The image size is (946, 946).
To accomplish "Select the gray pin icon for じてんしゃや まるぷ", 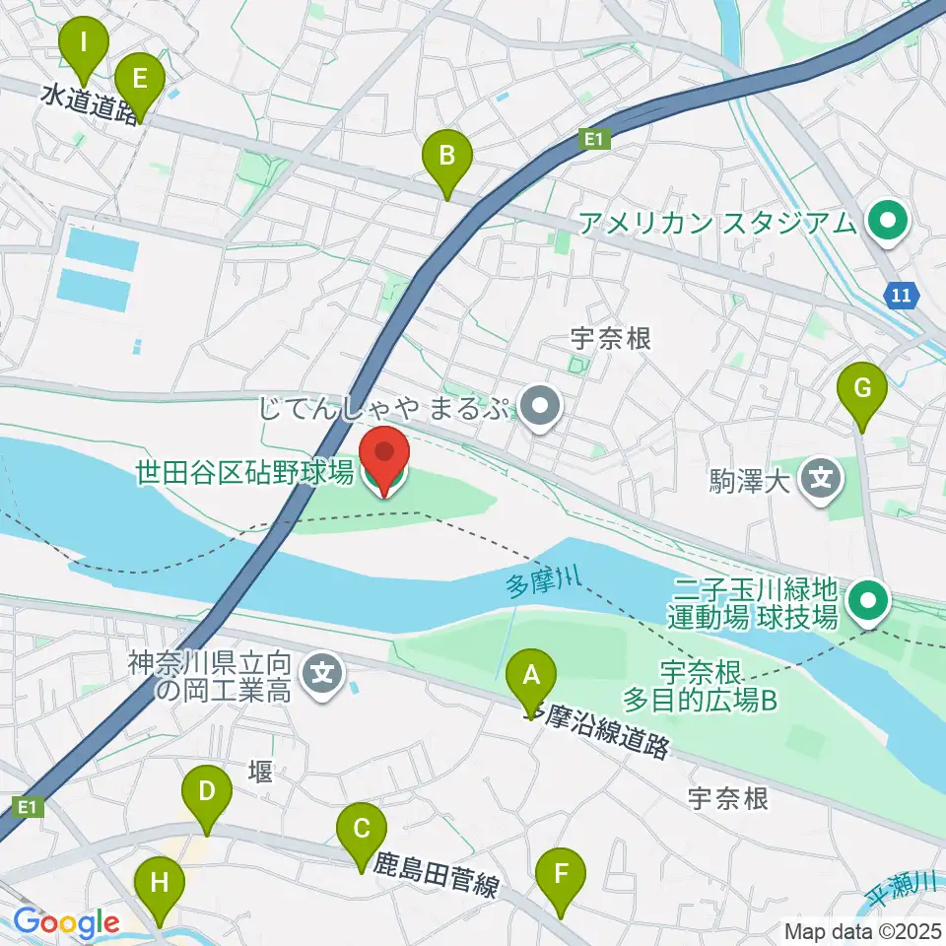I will [x=540, y=408].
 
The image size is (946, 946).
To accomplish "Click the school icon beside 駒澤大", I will [x=821, y=481].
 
